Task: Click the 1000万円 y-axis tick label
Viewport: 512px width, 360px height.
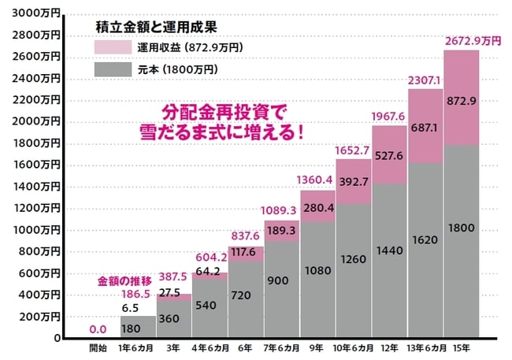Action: (x=36, y=230)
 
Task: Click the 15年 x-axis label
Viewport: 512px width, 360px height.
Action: (x=462, y=348)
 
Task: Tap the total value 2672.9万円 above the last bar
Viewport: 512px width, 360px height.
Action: (x=472, y=40)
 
